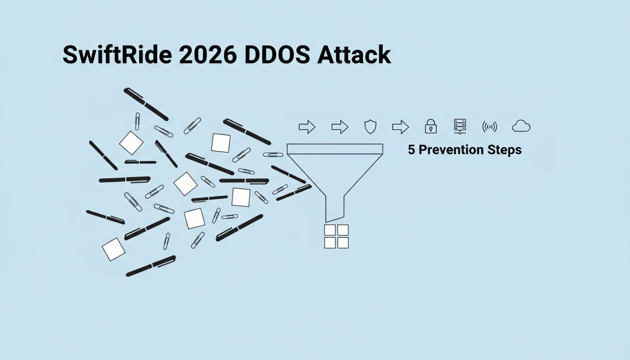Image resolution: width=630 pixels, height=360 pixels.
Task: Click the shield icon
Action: [x=370, y=127]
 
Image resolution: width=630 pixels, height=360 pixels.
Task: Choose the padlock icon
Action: [x=431, y=126]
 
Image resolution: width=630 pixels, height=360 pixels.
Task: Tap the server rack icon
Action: [x=460, y=126]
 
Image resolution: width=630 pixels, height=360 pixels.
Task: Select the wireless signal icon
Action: [x=490, y=127]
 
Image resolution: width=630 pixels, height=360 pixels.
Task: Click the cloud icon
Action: [x=521, y=126]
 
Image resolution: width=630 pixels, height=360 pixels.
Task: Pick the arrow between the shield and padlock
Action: [x=400, y=127]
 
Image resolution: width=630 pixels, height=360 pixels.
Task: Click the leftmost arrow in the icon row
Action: [x=307, y=127]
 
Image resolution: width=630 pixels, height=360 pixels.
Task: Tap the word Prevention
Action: [x=451, y=150]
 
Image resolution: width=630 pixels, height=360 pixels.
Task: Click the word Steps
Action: [x=504, y=150]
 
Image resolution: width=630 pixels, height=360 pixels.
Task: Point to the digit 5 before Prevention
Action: [x=411, y=150]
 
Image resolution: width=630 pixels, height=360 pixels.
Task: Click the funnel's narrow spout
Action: [x=335, y=209]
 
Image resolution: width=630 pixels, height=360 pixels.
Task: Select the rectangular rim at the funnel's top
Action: [x=335, y=149]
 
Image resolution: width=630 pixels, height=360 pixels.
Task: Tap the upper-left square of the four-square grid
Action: [x=330, y=230]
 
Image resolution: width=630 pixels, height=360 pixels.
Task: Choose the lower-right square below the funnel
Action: [x=343, y=243]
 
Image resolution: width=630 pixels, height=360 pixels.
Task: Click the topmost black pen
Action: [x=146, y=105]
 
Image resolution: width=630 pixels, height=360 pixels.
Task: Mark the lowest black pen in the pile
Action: [x=151, y=266]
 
